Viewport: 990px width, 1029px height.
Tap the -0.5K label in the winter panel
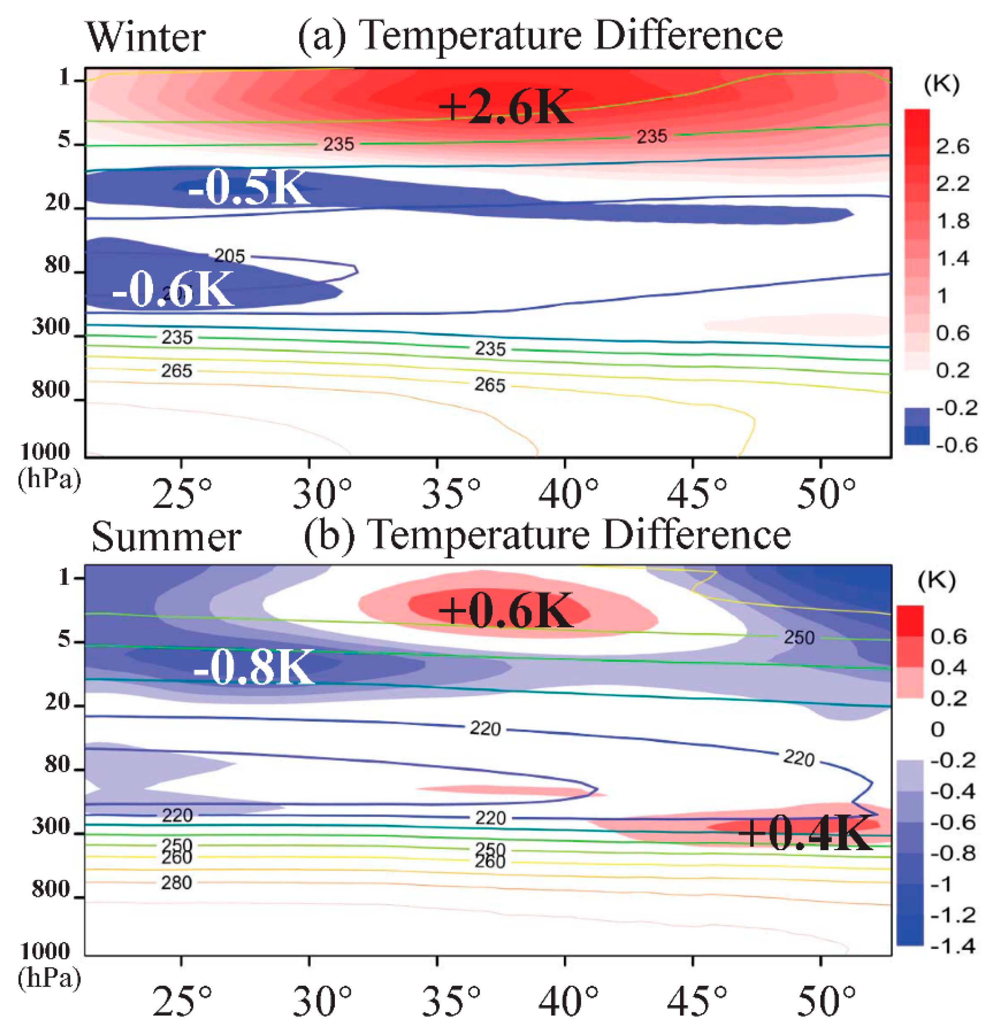(248, 188)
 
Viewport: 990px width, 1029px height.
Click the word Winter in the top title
(146, 38)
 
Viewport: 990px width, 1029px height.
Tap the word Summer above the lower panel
(166, 538)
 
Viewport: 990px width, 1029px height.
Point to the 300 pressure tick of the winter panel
(51, 327)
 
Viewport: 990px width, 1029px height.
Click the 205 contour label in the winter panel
(229, 256)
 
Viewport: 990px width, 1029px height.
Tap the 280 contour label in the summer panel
(176, 883)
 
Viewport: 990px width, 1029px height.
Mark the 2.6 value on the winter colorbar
(952, 146)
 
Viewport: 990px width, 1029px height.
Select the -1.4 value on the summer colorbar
(952, 946)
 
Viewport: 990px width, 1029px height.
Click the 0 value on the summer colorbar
(937, 729)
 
